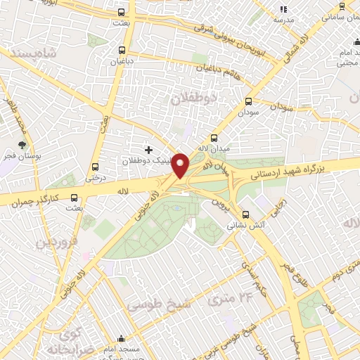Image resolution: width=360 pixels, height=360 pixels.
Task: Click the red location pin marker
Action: coord(181,166)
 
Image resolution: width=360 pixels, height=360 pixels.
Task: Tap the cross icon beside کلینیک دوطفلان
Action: coord(148,150)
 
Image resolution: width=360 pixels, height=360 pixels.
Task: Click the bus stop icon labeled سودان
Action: coord(248,101)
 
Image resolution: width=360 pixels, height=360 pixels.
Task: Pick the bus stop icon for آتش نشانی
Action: coord(245,214)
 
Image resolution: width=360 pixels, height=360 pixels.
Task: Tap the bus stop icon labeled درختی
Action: coord(95,167)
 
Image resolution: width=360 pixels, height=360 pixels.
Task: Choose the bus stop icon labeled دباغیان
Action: coord(123,50)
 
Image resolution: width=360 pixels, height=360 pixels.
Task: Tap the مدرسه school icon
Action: coord(283,9)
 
